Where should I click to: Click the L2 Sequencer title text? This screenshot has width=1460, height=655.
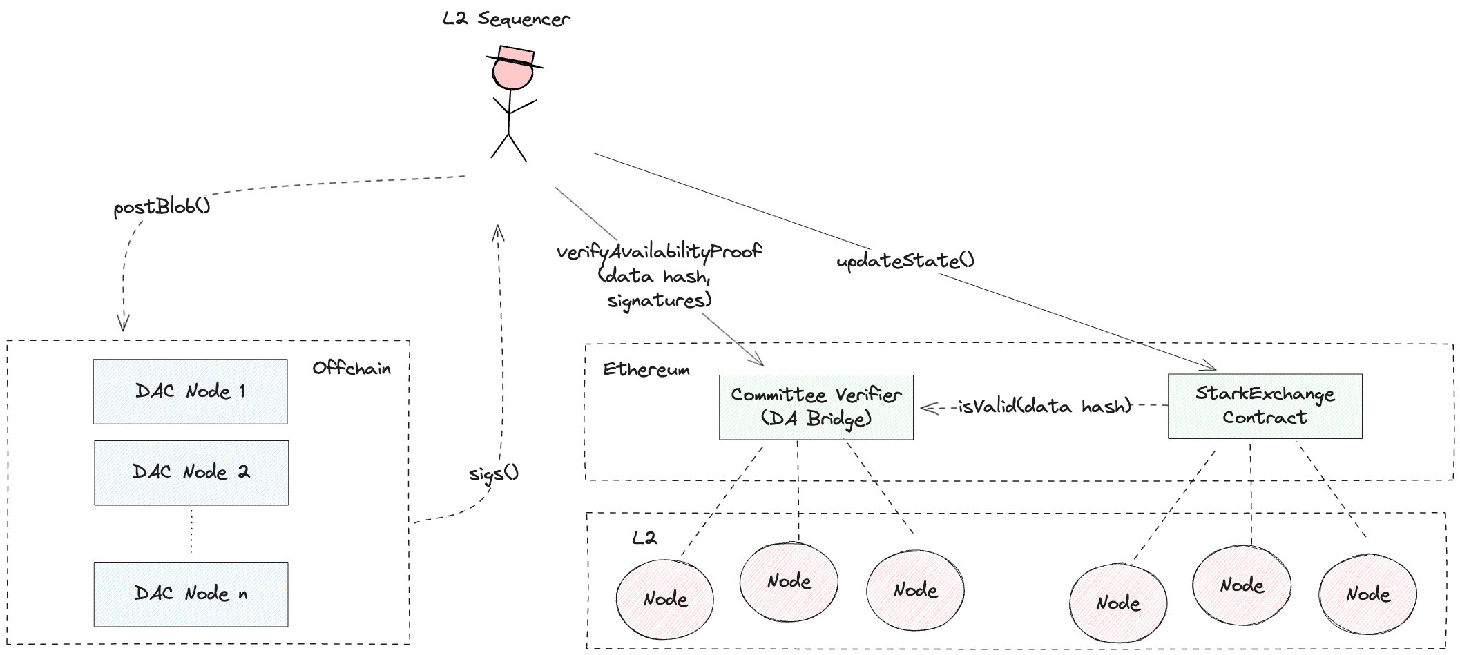(x=506, y=19)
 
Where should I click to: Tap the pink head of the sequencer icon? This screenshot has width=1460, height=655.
(x=513, y=74)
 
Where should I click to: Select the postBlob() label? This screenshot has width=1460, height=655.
(x=162, y=206)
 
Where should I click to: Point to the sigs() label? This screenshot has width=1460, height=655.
(x=493, y=473)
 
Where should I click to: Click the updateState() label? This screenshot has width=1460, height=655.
(x=905, y=261)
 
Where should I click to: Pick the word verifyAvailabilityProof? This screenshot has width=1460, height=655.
(x=659, y=251)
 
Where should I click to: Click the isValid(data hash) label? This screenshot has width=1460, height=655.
(x=1045, y=407)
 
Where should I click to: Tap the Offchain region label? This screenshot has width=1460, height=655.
(x=352, y=369)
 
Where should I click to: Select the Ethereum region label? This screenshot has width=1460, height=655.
(x=646, y=370)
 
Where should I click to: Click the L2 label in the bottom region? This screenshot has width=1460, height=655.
(x=644, y=538)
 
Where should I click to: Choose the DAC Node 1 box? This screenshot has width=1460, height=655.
(x=191, y=391)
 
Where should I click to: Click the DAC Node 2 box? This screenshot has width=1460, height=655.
(x=191, y=473)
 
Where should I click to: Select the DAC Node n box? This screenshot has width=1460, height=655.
(x=191, y=594)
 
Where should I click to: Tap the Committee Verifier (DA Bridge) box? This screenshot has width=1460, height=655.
(x=816, y=407)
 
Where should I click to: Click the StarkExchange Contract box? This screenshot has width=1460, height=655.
(x=1265, y=407)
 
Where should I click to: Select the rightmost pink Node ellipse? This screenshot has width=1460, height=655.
(x=1367, y=594)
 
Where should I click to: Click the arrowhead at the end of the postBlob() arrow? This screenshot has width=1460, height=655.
(x=124, y=326)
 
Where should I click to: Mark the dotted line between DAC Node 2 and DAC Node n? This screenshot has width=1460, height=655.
(x=191, y=534)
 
